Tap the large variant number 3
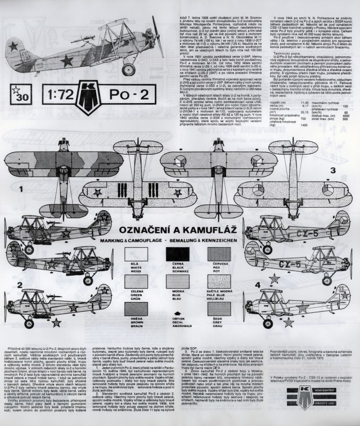click(332, 169)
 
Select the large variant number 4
click(258, 285)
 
